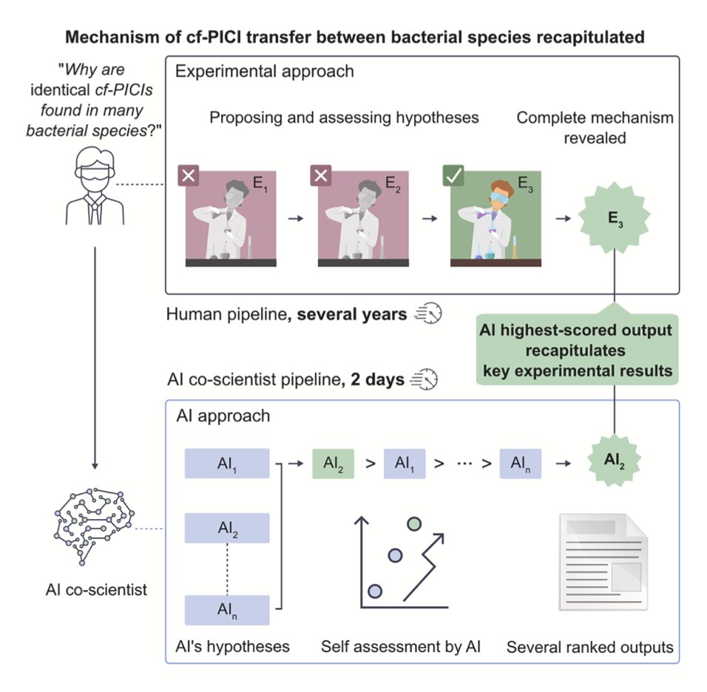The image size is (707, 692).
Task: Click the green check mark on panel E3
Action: [x=453, y=176]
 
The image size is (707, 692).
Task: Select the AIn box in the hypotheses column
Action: [x=226, y=610]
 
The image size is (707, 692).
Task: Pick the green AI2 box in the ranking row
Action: [x=334, y=464]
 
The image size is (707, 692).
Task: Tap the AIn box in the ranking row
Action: [x=520, y=464]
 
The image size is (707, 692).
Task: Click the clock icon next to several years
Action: [x=427, y=315]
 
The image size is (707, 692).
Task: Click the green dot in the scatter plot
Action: [x=415, y=524]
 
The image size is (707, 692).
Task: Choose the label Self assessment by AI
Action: [x=401, y=648]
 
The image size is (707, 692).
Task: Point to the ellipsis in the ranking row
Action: [x=465, y=465]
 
